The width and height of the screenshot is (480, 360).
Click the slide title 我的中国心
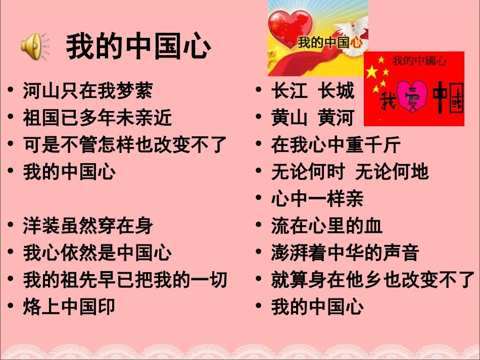(x=138, y=46)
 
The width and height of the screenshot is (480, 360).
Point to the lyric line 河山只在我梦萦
(x=87, y=91)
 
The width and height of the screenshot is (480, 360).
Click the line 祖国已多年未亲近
(x=98, y=118)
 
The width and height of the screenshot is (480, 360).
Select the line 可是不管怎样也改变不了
(x=125, y=145)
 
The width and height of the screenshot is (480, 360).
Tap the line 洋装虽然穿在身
(x=88, y=226)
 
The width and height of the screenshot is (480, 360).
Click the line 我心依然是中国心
(x=98, y=252)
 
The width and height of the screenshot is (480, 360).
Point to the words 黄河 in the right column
(x=336, y=118)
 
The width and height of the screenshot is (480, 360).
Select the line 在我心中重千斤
(x=336, y=145)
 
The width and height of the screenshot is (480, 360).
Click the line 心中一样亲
(x=317, y=199)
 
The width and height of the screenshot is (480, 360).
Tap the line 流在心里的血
(x=327, y=226)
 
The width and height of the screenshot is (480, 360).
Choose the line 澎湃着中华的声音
(x=345, y=252)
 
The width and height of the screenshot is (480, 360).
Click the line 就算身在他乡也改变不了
(x=373, y=279)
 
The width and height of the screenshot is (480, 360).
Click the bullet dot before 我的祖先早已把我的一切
(x=11, y=279)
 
